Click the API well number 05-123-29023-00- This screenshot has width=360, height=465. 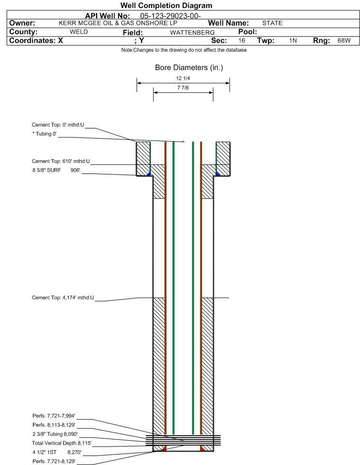(170, 16)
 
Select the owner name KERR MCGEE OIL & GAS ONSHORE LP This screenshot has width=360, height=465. (118, 23)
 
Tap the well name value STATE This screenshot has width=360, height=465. (272, 23)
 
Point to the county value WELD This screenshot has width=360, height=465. (79, 32)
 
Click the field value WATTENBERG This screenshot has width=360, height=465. (192, 32)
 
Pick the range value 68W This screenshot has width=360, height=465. (344, 40)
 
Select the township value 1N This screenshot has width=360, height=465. (293, 40)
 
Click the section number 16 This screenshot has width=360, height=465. (241, 40)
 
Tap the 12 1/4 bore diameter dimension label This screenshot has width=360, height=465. (183, 78)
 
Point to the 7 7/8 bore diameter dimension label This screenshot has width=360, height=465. (183, 88)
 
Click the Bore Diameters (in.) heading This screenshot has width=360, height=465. (189, 68)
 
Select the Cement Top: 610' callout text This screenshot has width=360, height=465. (61, 161)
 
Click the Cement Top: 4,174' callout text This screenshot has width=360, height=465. (63, 298)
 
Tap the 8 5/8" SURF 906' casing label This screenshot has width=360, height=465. (56, 170)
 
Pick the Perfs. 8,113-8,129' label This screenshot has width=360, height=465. (54, 425)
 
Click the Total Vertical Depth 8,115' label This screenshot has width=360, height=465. (62, 443)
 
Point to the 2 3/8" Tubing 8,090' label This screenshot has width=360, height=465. (55, 434)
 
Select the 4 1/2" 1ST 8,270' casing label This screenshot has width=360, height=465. (57, 452)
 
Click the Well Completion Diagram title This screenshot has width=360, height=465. (166, 6)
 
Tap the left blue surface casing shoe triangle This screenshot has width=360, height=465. (149, 174)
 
